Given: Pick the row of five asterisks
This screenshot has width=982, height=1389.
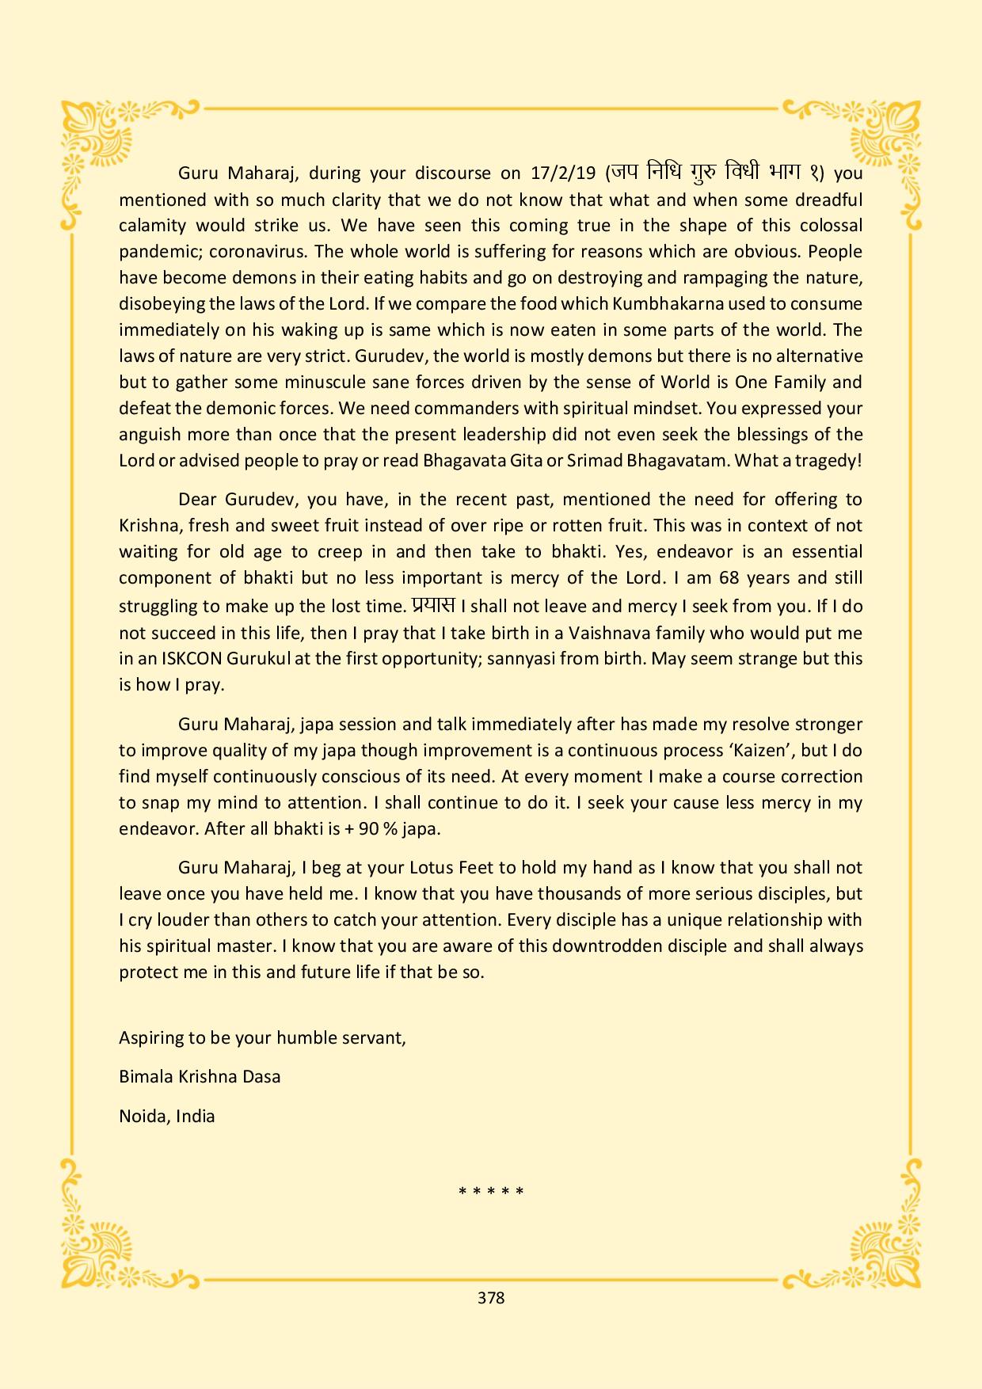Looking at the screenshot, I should click(x=491, y=1190).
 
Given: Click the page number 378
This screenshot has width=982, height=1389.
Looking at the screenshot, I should click(x=491, y=1297).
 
